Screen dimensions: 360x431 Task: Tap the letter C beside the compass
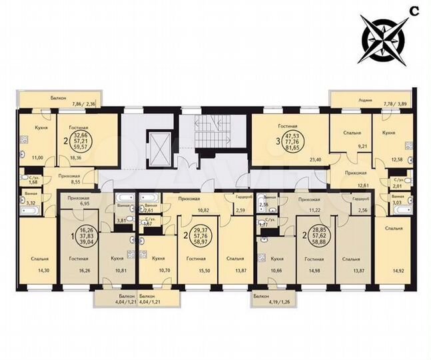pyautogui.click(x=414, y=10)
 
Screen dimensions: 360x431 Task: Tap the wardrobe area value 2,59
pyautogui.click(x=240, y=211)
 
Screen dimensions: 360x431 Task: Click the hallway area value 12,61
pyautogui.click(x=363, y=186)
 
